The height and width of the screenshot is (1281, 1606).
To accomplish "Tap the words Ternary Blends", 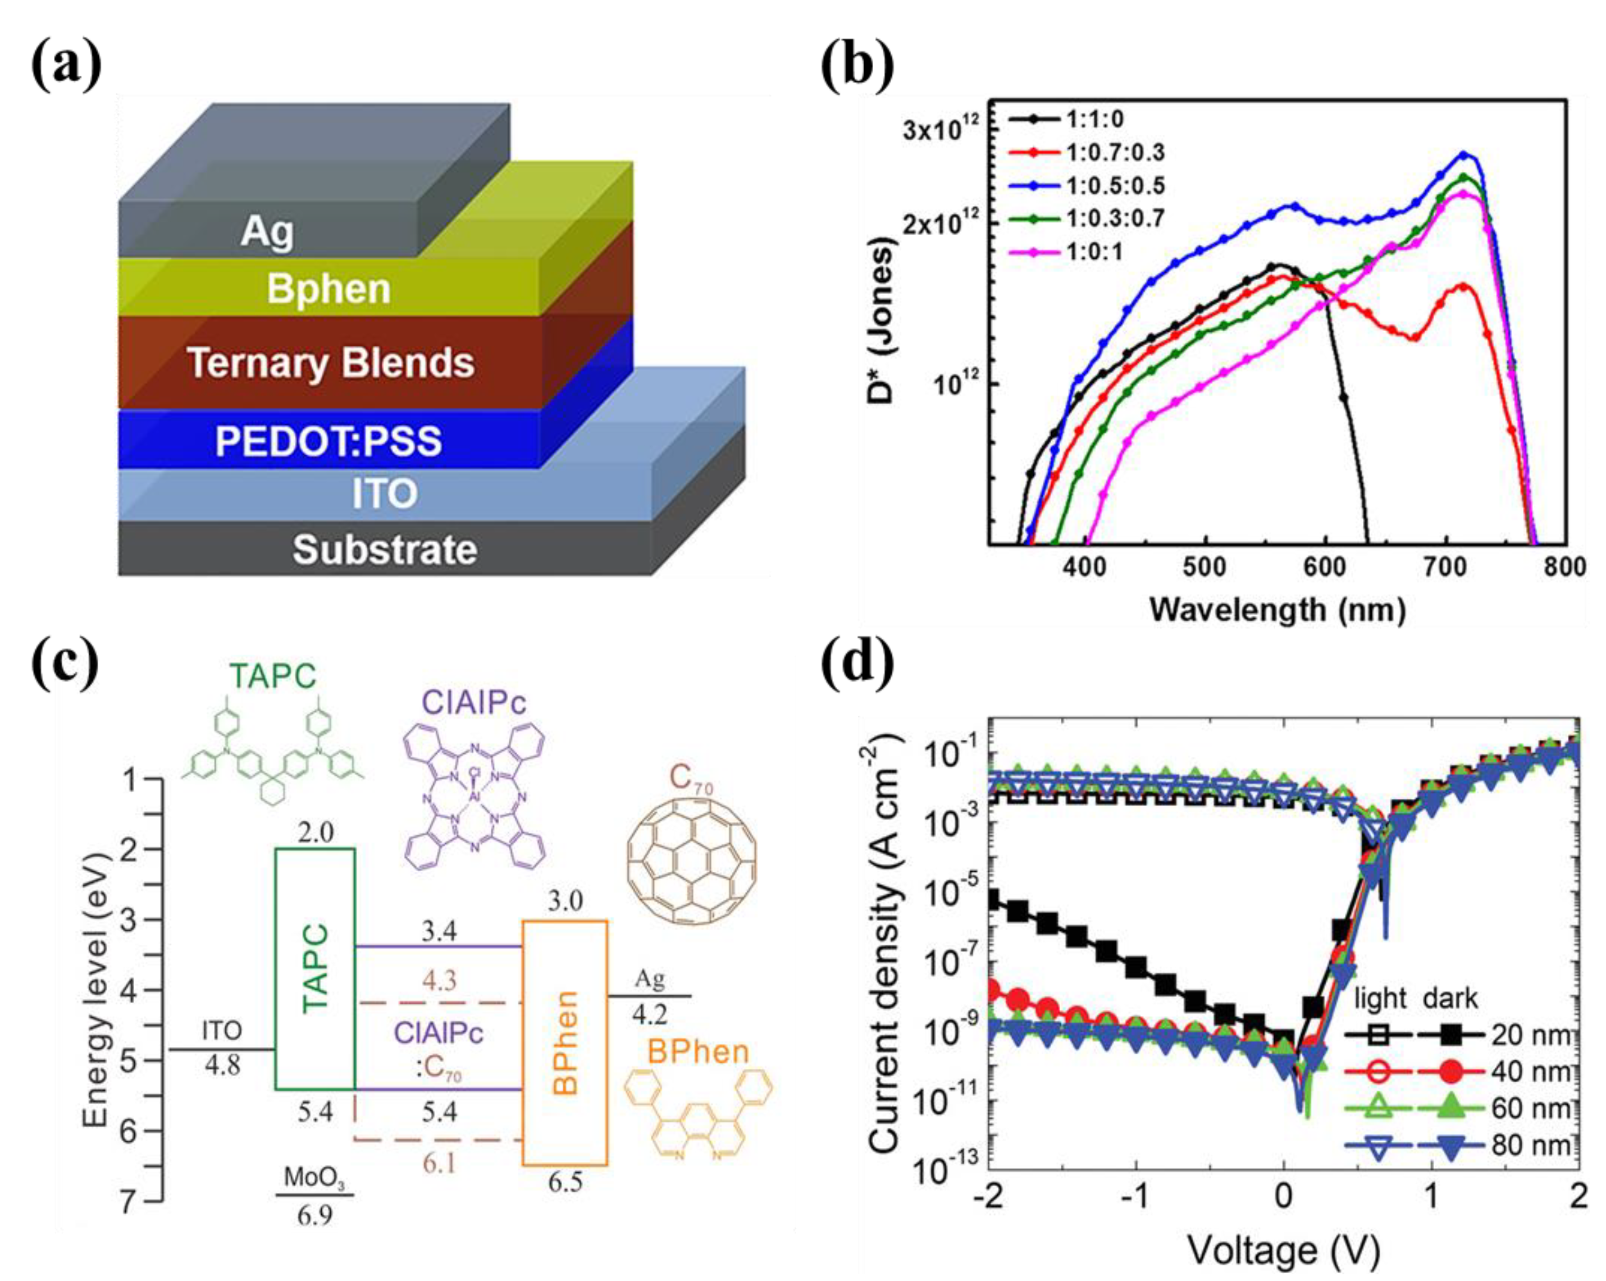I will [331, 363].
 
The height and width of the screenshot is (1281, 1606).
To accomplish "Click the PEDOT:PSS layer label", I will [328, 441].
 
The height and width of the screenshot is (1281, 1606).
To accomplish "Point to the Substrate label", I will [384, 550].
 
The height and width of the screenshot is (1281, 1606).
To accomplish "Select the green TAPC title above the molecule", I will [273, 676].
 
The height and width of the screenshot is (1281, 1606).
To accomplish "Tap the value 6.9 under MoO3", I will [315, 1217].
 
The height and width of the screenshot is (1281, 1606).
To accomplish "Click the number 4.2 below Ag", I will [650, 1014].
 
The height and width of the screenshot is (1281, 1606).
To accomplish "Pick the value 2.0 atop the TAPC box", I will [315, 832].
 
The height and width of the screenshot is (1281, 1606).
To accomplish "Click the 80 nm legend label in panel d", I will [1531, 1145].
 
